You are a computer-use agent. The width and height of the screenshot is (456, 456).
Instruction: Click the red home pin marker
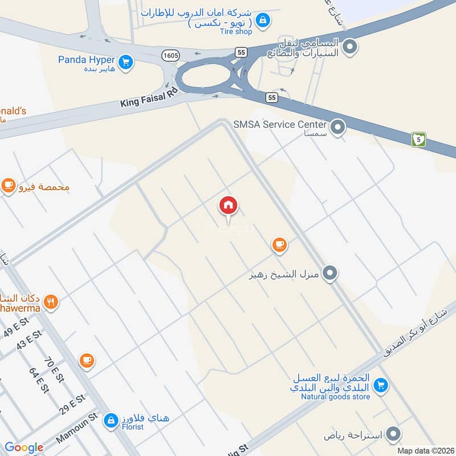coord(228,205)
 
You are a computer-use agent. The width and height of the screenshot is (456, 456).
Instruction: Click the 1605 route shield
coord(170,55)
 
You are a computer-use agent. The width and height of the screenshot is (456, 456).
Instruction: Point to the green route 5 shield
coord(419,139)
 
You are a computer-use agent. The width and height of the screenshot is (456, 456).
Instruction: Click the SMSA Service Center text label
coord(279,124)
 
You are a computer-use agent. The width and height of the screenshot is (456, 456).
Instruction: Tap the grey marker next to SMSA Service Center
coord(339,127)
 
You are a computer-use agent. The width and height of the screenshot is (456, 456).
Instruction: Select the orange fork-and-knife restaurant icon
coord(51,302)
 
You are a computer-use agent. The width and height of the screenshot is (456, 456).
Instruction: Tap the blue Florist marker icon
coord(112,421)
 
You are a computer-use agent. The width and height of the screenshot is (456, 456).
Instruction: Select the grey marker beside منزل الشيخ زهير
coord(329,274)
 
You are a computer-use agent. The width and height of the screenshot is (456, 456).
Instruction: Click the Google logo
coord(24,447)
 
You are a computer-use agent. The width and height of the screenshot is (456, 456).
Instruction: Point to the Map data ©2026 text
coord(424,451)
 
